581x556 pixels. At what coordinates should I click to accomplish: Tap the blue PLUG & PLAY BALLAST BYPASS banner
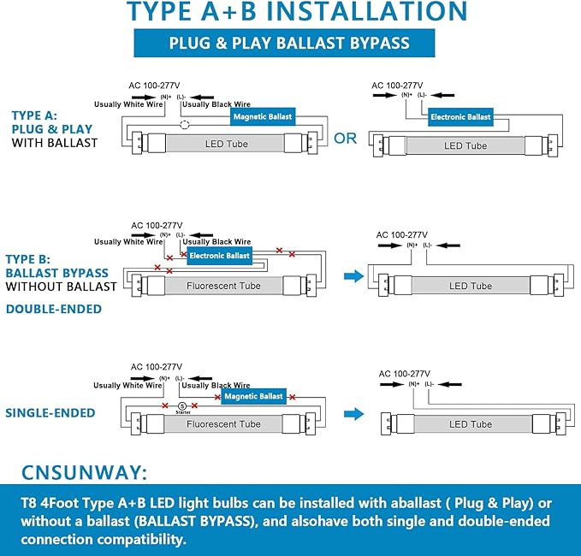[288, 43]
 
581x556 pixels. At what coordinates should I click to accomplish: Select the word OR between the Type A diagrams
[345, 139]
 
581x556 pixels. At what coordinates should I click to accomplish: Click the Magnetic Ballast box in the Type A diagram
[262, 116]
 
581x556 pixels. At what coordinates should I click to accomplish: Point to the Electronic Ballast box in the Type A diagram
[460, 116]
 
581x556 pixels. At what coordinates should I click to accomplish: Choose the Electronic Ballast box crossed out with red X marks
[219, 256]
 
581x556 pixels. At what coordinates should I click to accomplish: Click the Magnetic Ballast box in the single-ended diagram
[253, 397]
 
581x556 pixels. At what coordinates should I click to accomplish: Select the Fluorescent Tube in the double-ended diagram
[223, 286]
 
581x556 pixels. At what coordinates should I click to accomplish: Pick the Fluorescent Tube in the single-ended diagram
[223, 424]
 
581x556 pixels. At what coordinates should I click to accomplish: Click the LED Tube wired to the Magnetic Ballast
[226, 144]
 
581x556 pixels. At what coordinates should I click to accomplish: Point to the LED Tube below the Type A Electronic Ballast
[465, 146]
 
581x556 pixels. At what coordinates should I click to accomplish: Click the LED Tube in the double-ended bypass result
[470, 286]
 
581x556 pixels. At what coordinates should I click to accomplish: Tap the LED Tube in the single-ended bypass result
[470, 424]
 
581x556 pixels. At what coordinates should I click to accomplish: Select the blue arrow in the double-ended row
[352, 275]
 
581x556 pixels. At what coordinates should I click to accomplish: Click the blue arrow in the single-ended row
[352, 414]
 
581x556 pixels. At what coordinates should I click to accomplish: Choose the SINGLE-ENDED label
[50, 413]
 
